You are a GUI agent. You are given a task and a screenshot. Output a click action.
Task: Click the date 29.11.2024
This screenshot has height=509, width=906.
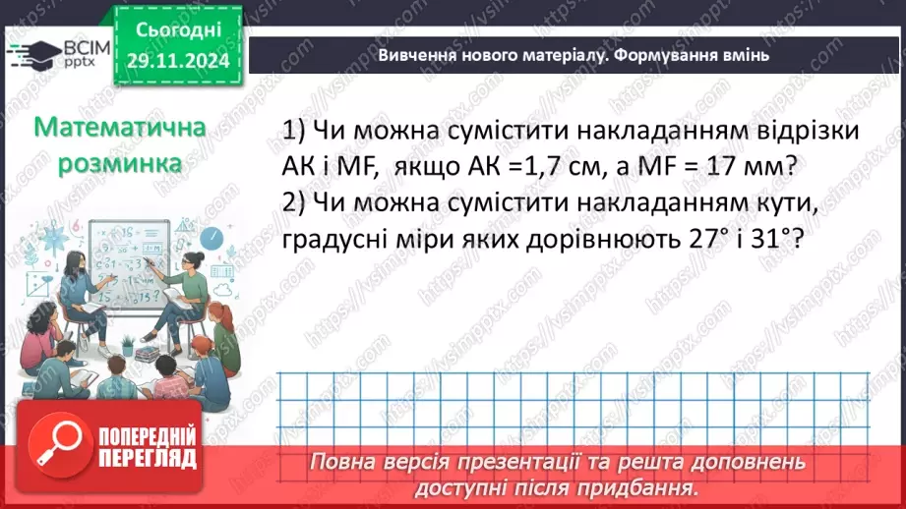[176, 61]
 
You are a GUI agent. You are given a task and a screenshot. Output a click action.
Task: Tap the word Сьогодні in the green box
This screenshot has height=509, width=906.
[176, 32]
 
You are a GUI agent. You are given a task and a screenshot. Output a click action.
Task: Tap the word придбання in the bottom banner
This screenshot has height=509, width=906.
[644, 487]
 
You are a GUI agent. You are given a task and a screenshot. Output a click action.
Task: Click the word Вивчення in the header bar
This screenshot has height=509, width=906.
[415, 56]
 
